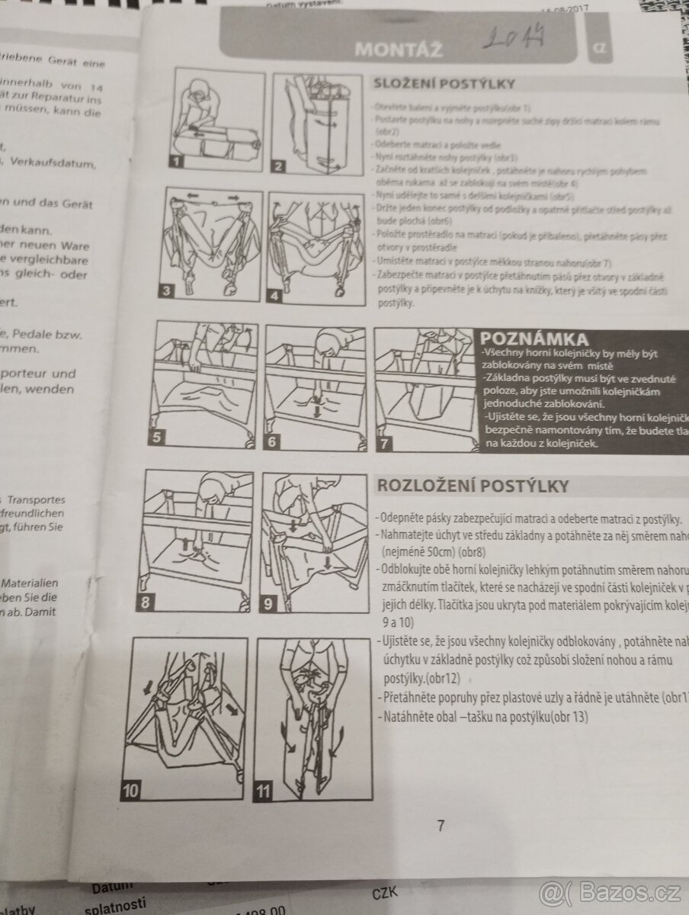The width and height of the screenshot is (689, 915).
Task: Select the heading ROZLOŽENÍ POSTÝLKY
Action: pos(473,486)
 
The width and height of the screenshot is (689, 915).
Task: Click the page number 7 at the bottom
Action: pos(440,826)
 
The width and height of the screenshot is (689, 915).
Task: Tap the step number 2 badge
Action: pos(279,166)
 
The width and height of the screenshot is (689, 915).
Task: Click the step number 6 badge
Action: pos(272,442)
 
